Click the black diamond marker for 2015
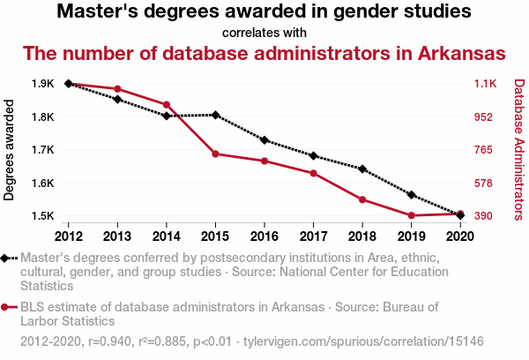pyautogui.click(x=215, y=115)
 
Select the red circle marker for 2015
pyautogui.click(x=215, y=154)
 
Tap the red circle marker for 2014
pyautogui.click(x=167, y=105)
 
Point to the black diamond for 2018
pyautogui.click(x=362, y=169)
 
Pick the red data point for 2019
pyautogui.click(x=411, y=215)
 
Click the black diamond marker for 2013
pyautogui.click(x=117, y=99)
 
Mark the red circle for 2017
pyautogui.click(x=313, y=173)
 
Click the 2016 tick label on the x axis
pyautogui.click(x=264, y=236)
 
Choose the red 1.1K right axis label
pyautogui.click(x=487, y=84)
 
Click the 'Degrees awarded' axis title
pyautogui.click(x=10, y=150)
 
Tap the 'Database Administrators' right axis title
pyautogui.click(x=518, y=150)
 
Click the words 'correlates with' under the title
pyautogui.click(x=264, y=34)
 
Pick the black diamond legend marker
pyautogui.click(x=7, y=258)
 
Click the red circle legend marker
pyautogui.click(x=7, y=307)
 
